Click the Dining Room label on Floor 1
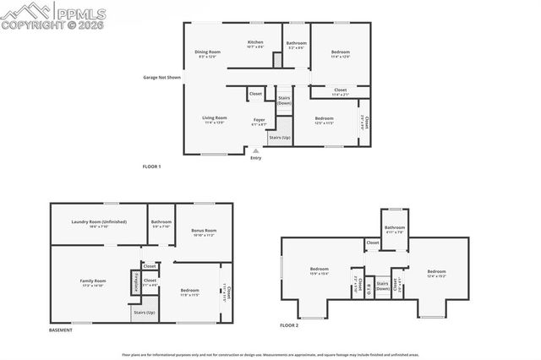coord(208,52)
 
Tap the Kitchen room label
coord(254,43)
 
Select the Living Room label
coord(214,119)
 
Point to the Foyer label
coord(259,121)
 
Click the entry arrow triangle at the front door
coord(255,150)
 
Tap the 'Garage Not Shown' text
coord(162,78)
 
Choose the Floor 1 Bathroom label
coord(296,44)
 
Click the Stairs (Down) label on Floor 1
coord(284,101)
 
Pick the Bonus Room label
coord(204,232)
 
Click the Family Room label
coord(93,282)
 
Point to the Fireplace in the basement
coord(135,281)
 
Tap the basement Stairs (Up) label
coord(144,313)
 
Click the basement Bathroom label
coord(161,223)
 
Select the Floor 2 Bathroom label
coord(395,228)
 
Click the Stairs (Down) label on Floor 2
coord(382,286)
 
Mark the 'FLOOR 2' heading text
coord(290,325)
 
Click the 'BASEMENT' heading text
coord(61,330)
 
